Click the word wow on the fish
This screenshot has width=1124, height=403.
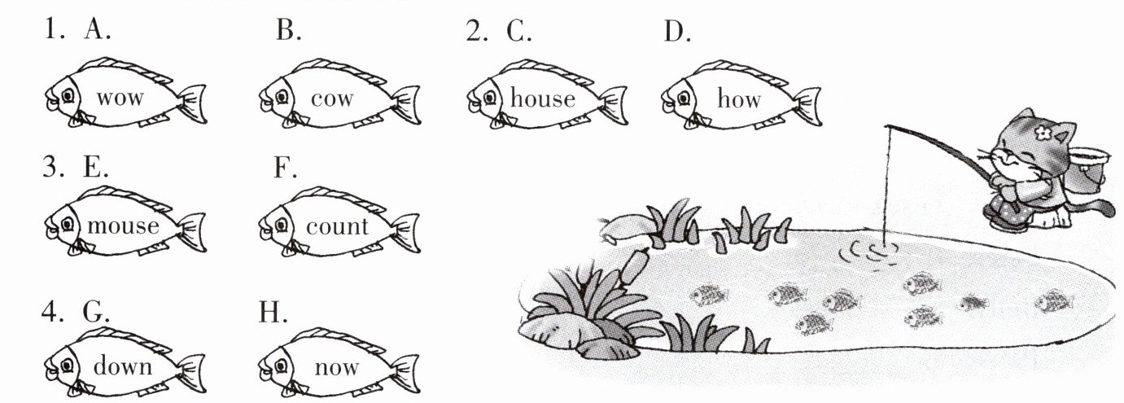(120, 98)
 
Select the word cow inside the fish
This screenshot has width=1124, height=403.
(332, 99)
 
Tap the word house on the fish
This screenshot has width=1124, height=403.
(542, 98)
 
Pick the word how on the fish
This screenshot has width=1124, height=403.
(739, 98)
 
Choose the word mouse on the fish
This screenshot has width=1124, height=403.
(124, 226)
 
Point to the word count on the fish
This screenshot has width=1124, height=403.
(337, 226)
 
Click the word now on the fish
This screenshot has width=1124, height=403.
(337, 367)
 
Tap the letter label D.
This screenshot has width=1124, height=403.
(677, 31)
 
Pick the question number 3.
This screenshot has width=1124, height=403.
(53, 167)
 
